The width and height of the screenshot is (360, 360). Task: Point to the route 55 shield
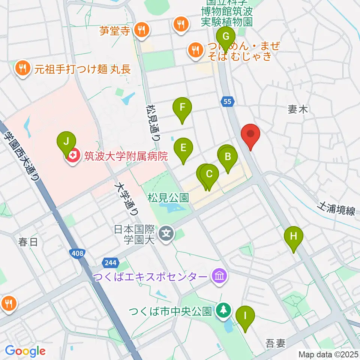228,101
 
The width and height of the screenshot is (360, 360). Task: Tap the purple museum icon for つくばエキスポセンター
219,277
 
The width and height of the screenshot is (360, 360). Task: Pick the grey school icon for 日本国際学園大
166,235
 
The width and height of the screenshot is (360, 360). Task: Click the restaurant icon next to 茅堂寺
141,30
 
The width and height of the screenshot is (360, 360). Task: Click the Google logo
25,351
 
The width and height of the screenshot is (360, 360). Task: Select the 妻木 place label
298,109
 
